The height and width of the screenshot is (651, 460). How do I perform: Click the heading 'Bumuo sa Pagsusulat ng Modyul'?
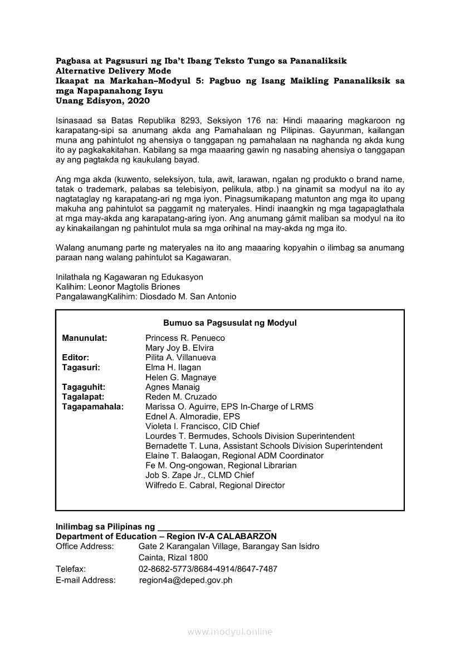click(229, 323)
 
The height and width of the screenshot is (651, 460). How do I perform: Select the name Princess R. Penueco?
click(185, 338)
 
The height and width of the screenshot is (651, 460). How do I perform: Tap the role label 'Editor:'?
click(76, 358)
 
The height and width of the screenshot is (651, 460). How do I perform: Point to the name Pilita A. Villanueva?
click(180, 358)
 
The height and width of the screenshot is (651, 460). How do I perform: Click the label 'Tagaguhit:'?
click(84, 387)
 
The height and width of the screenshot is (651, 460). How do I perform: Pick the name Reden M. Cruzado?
click(181, 397)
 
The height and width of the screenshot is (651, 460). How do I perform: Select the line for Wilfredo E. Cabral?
click(215, 485)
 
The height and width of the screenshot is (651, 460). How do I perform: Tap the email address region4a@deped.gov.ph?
click(185, 580)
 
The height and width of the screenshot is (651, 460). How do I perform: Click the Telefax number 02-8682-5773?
click(165, 569)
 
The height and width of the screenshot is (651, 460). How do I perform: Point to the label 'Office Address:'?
click(85, 546)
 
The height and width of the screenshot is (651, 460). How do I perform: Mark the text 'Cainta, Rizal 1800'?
click(173, 557)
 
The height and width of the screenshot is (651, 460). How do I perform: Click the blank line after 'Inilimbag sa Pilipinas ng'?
click(214, 526)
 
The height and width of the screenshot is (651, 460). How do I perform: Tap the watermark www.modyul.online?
click(230, 632)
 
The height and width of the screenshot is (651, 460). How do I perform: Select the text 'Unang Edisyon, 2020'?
click(102, 101)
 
